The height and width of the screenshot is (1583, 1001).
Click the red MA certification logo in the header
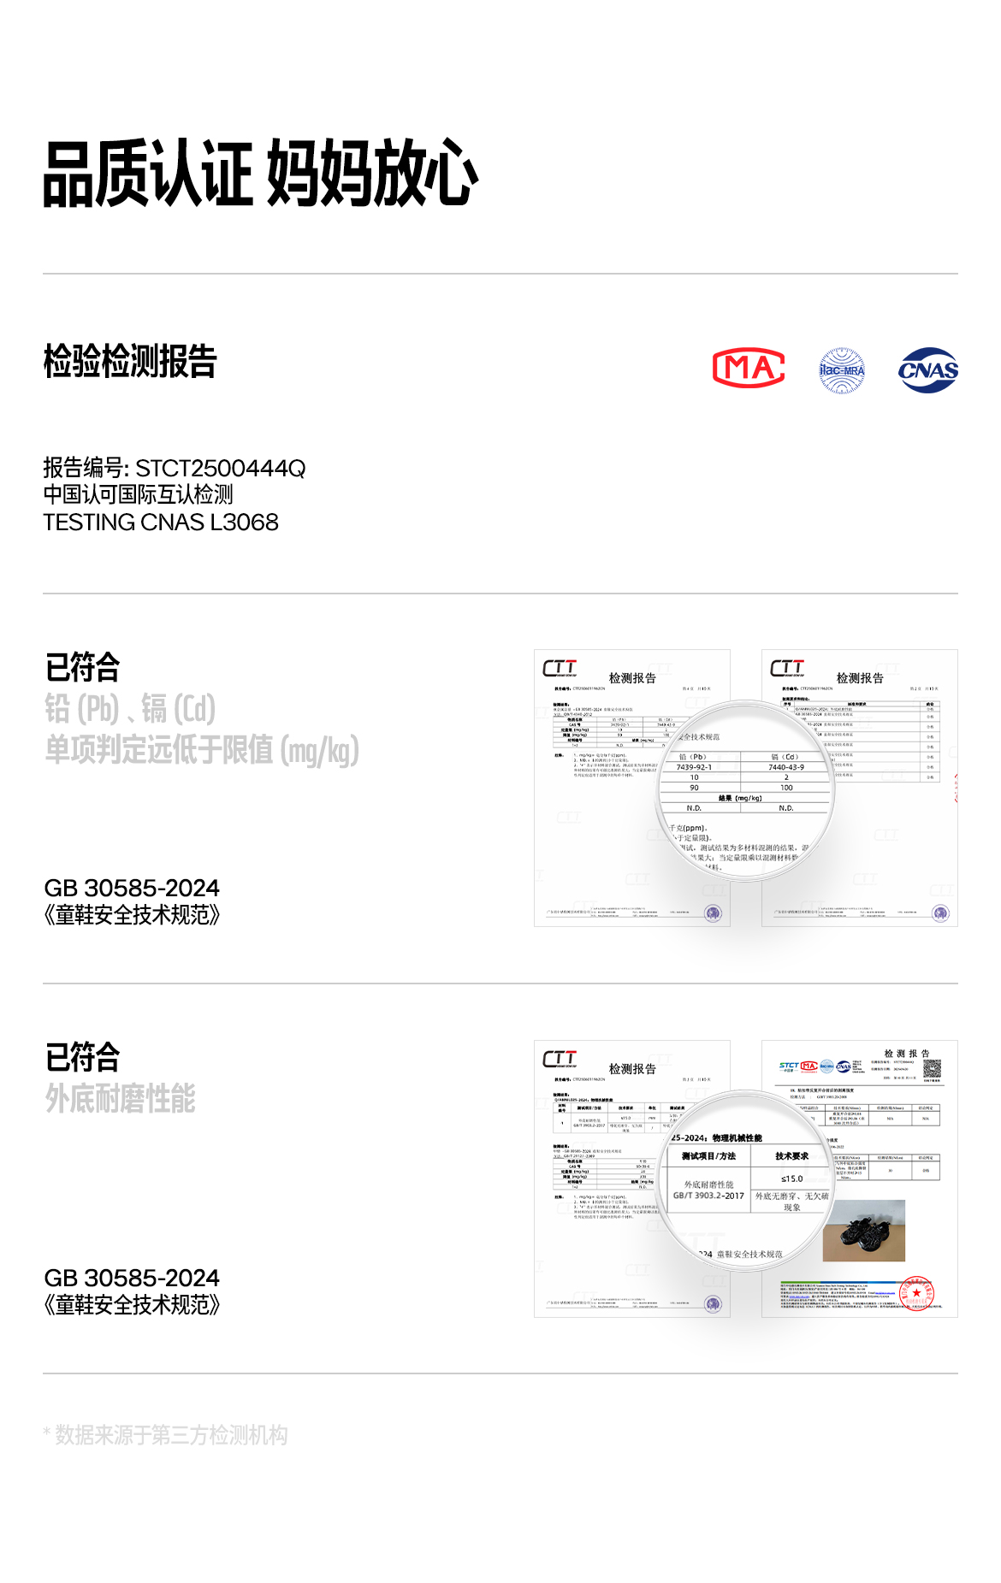(x=749, y=369)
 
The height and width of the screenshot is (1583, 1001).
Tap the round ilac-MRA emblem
(x=842, y=370)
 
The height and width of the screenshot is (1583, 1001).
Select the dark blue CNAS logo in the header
(x=928, y=370)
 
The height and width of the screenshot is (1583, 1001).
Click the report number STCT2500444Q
(x=220, y=469)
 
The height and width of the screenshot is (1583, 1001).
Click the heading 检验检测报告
(x=130, y=362)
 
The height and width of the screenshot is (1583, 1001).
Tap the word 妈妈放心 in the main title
(x=372, y=174)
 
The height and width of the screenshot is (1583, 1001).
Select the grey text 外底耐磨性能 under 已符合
(x=121, y=1098)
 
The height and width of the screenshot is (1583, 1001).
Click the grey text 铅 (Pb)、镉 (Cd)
(x=130, y=709)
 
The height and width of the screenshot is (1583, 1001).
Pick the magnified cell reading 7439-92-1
(x=694, y=767)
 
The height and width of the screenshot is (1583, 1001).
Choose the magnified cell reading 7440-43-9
(x=786, y=767)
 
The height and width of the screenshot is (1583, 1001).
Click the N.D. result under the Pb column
(x=694, y=808)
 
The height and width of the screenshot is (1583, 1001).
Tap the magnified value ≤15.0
(x=792, y=1178)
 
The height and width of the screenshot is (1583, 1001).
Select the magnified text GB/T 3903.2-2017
(x=708, y=1196)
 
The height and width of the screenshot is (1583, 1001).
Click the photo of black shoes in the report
(x=863, y=1231)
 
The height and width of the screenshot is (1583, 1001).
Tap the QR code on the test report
(x=932, y=1068)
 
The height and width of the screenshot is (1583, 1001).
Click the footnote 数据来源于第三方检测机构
(x=171, y=1435)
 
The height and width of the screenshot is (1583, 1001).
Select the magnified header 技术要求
(x=792, y=1155)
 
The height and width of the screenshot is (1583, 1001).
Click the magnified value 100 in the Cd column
(x=786, y=788)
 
